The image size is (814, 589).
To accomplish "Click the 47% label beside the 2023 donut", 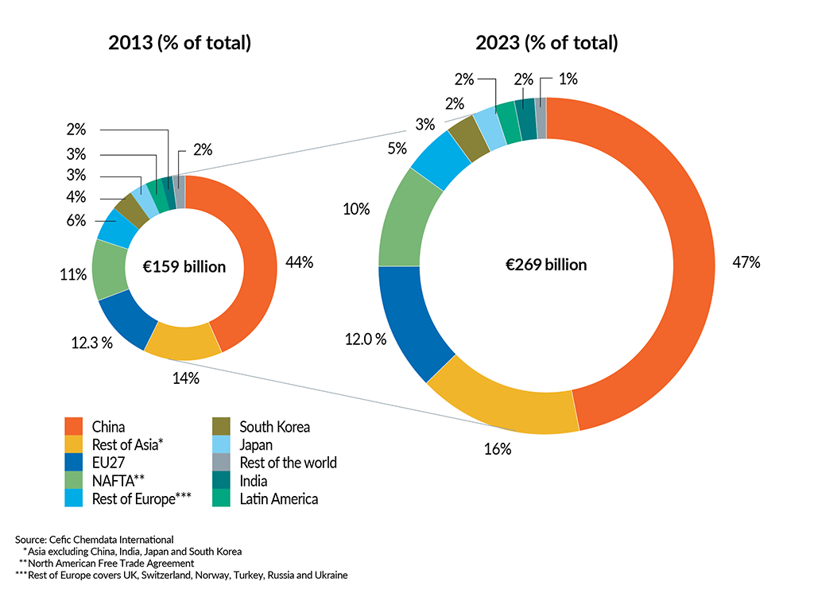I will point(747,262).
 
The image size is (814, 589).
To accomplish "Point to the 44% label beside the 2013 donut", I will point(299,262).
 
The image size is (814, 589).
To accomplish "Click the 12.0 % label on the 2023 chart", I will point(365,339).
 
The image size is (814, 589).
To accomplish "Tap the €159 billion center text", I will point(184,267).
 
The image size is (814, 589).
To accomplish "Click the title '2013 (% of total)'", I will point(180,43).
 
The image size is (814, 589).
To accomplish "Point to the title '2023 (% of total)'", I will point(546,43).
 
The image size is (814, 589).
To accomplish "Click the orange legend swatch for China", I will point(72,427).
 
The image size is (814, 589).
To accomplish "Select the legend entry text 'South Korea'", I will point(274,427).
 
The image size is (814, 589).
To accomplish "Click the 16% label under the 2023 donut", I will point(498,449).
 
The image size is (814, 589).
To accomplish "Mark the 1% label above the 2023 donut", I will point(568,79).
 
